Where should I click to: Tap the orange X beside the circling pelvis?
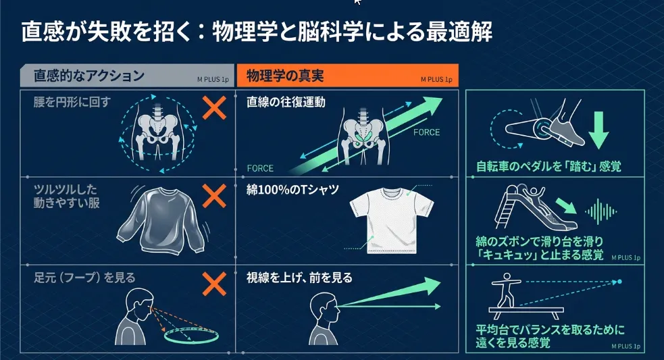click(214, 107)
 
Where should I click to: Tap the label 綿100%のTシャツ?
click(291, 190)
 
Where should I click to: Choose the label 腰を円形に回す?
click(72, 103)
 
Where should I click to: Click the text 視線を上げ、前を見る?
click(300, 278)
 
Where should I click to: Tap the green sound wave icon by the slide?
click(600, 211)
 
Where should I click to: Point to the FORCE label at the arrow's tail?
click(261, 168)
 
